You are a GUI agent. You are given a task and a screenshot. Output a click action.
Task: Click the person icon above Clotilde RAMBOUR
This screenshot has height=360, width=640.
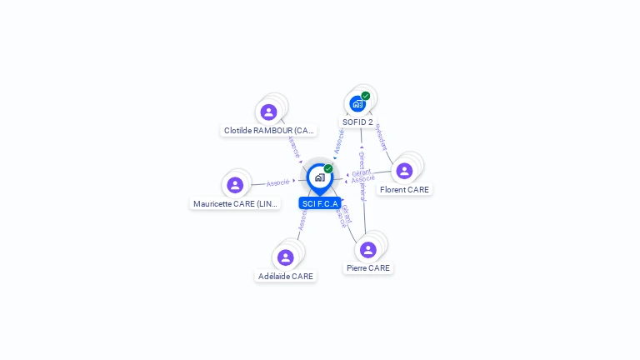(x=268, y=112)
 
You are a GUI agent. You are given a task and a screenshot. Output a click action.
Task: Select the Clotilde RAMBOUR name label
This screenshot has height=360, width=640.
(x=269, y=131)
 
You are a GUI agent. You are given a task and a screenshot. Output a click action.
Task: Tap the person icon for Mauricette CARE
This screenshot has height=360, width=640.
(x=235, y=185)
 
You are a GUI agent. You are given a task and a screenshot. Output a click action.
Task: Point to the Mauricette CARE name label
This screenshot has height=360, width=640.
(x=236, y=204)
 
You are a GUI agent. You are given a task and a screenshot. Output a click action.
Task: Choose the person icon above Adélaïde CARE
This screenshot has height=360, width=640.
(x=286, y=257)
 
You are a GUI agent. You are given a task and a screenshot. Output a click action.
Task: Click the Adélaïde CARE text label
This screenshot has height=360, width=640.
(x=286, y=277)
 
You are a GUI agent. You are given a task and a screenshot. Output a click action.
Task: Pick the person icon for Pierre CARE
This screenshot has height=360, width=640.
(x=368, y=249)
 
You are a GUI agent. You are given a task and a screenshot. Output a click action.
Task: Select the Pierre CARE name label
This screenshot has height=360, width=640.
(x=368, y=268)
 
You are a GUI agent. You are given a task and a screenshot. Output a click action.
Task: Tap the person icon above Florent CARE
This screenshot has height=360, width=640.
(x=404, y=171)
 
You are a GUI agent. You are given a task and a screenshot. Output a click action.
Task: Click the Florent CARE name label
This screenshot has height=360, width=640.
(x=404, y=190)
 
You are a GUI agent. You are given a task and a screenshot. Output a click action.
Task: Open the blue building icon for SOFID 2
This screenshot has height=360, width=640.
(x=357, y=104)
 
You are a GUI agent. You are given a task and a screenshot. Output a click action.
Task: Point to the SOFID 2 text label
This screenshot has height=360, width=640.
(x=357, y=122)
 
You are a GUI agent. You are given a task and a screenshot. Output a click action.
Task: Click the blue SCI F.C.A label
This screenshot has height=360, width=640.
(x=320, y=203)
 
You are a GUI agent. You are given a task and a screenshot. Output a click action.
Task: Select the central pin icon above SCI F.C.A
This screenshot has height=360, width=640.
(x=319, y=177)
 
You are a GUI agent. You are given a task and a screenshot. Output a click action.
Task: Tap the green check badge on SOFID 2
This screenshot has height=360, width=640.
(x=366, y=96)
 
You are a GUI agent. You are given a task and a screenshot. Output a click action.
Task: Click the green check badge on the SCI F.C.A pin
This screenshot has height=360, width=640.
(x=328, y=169)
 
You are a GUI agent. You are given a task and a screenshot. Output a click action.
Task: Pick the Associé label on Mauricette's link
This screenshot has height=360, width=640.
(x=278, y=182)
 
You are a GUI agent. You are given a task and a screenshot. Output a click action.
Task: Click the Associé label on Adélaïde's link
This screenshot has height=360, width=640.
(x=302, y=220)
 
